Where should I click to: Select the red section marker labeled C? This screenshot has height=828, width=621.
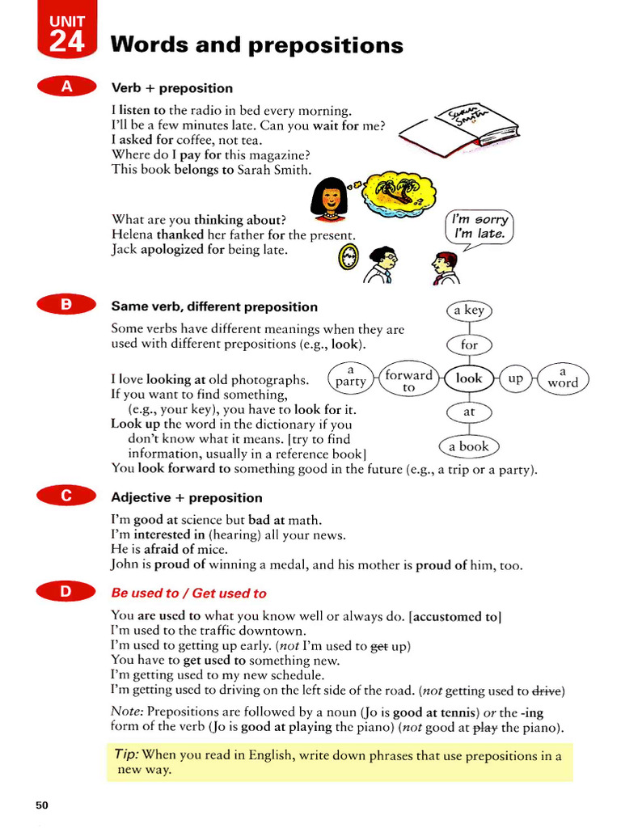click(67, 497)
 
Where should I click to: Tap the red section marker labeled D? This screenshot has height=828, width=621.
click(67, 593)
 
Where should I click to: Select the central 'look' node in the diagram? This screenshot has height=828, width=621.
click(469, 378)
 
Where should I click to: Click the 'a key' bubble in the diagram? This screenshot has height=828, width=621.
click(469, 310)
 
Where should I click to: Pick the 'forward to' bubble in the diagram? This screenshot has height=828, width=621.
click(408, 381)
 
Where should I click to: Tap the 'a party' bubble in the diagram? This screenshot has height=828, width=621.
click(351, 377)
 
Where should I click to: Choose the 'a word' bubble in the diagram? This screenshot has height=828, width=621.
click(563, 378)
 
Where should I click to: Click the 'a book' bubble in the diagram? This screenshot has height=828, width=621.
click(469, 446)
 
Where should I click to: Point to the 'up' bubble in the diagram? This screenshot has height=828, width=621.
click(515, 378)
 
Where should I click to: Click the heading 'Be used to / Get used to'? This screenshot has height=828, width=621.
click(188, 593)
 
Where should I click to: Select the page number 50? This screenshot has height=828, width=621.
click(42, 805)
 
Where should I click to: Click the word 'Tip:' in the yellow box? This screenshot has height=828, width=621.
click(127, 754)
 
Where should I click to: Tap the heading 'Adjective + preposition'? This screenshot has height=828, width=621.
click(187, 497)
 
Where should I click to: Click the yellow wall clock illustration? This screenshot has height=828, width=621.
click(349, 258)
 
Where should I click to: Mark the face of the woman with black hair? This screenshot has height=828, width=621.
click(329, 199)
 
